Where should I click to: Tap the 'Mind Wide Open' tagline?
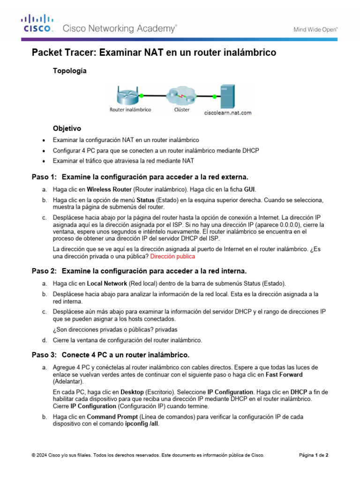pos(315,29)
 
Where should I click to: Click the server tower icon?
pos(227,96)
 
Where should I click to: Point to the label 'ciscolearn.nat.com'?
pos(228,112)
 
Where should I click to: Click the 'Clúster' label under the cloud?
pos(182,110)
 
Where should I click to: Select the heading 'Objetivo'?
pos(67,128)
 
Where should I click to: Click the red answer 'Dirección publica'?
pos(172,257)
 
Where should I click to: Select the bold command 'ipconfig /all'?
pos(142,424)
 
